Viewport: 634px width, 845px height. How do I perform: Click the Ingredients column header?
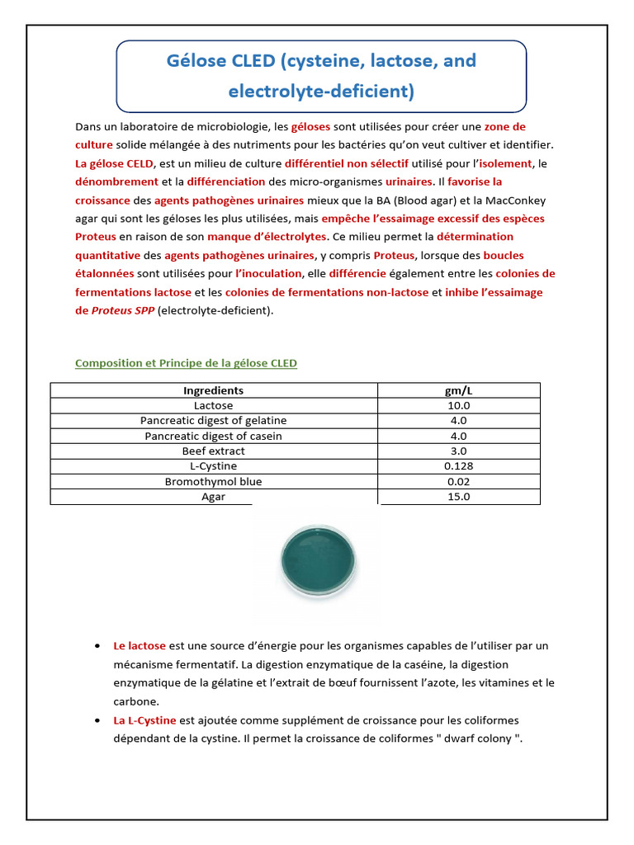[213, 390]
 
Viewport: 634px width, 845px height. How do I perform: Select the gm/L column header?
[458, 390]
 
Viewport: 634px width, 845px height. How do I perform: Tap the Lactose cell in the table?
[213, 405]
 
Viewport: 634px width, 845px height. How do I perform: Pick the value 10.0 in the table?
[458, 405]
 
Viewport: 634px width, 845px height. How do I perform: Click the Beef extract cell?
[213, 451]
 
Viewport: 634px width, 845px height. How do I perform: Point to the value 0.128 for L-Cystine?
[458, 466]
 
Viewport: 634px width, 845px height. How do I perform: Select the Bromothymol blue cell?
[213, 481]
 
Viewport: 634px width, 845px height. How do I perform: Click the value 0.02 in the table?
[458, 481]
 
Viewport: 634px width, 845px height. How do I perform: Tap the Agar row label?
[213, 497]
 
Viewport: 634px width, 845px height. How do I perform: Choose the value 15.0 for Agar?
[458, 497]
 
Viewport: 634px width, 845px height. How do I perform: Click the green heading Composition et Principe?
[186, 363]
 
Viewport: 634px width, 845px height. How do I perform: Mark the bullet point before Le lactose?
[97, 645]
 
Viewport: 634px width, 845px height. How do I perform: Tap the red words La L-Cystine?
[144, 720]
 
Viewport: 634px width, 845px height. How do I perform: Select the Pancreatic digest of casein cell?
[213, 436]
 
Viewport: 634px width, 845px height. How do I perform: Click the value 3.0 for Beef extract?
[458, 451]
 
